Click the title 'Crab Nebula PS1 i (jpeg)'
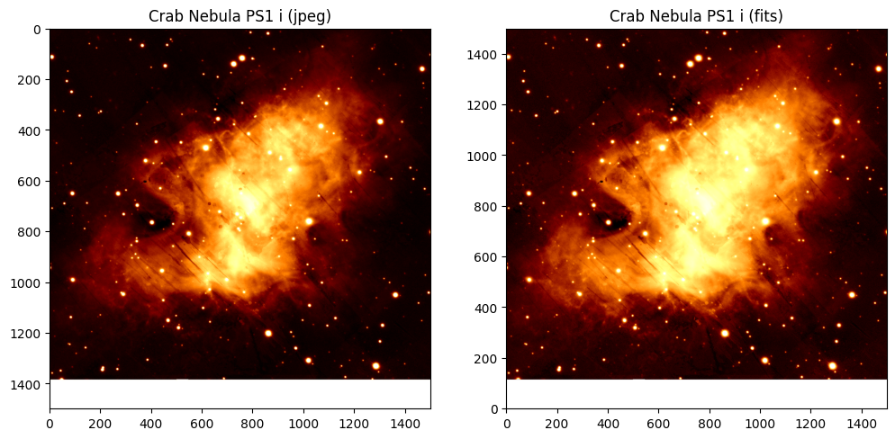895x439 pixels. point(240,16)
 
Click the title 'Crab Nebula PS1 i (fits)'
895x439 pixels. point(696,16)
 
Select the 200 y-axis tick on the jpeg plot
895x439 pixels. point(32,80)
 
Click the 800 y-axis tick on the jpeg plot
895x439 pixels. point(32,232)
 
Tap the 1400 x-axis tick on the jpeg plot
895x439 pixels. point(404,423)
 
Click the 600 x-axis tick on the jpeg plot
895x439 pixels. point(202,423)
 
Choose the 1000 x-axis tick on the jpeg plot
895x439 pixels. point(303,423)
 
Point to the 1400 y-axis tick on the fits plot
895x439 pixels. point(486,55)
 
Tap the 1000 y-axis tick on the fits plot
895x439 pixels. point(486,157)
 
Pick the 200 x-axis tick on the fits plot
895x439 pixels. point(557,423)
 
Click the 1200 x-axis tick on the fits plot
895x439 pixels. point(810,423)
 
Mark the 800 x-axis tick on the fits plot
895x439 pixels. point(710,423)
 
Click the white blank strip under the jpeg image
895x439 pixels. point(240,394)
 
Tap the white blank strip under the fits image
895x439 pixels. point(696,394)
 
